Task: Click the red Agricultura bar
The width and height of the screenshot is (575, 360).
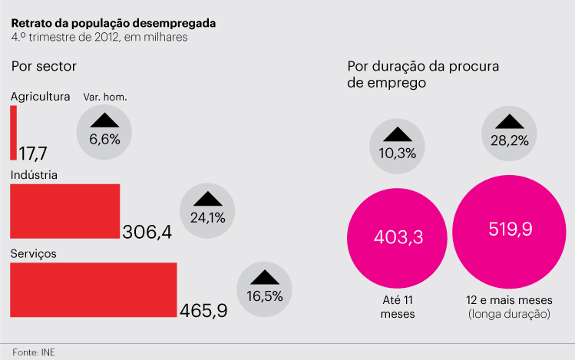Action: click(x=13, y=133)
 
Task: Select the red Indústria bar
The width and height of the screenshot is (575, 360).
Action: click(x=65, y=211)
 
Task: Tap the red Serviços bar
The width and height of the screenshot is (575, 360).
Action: click(x=93, y=289)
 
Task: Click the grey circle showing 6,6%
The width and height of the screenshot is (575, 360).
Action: click(x=105, y=131)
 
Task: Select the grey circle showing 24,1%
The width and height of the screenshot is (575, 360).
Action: click(x=207, y=210)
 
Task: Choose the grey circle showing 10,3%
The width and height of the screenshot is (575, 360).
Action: click(x=398, y=145)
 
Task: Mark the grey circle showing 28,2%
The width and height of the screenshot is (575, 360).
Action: click(x=510, y=132)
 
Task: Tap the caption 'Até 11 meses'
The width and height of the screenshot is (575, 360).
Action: click(x=398, y=307)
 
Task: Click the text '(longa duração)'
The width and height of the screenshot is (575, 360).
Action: click(x=510, y=314)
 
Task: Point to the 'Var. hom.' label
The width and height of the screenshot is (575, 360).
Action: click(x=105, y=97)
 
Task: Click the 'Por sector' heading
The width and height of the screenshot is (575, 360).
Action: click(x=44, y=66)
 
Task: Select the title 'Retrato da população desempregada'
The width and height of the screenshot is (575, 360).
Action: click(x=114, y=22)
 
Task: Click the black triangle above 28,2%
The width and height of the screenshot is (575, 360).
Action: click(x=510, y=121)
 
